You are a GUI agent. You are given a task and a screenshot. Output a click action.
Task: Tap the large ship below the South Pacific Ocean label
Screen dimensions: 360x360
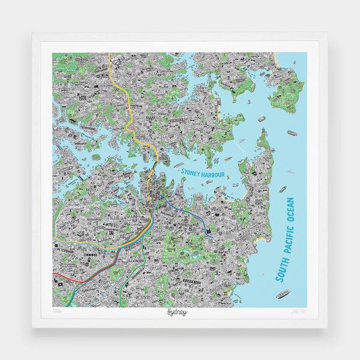(282, 293)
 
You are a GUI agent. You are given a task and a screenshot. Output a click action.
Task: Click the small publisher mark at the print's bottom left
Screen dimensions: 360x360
(57, 312)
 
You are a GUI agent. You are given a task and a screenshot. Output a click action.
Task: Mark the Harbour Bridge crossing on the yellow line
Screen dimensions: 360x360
(158, 161)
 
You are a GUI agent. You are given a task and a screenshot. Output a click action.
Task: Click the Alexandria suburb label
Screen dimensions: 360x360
(136, 262)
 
